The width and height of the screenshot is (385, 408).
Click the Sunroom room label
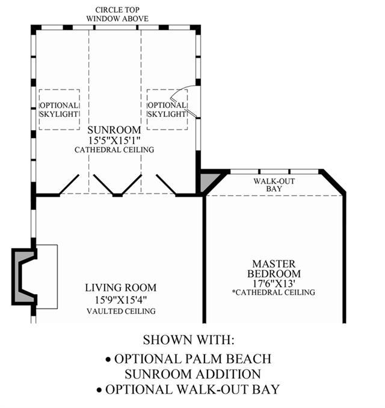[x=114, y=130]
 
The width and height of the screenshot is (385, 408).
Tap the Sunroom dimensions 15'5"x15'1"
[x=114, y=140]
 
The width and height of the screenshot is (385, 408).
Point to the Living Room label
[x=121, y=288]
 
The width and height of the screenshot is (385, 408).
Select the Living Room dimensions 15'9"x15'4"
[x=121, y=300]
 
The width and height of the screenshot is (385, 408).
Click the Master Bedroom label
[x=274, y=269]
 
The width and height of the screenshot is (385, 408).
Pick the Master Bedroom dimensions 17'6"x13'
[x=274, y=283]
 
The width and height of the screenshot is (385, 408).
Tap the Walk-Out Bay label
[x=274, y=185]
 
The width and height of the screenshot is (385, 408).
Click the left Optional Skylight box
[x=59, y=110]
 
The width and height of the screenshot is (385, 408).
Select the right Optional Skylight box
[x=167, y=110]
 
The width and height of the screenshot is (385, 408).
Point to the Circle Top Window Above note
[x=117, y=14]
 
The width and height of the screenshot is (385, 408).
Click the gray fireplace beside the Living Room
[x=24, y=277]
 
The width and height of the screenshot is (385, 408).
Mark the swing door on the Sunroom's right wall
[x=185, y=101]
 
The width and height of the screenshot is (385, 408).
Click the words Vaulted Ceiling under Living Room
[x=121, y=311]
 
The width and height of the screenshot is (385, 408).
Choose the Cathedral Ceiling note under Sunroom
[x=114, y=150]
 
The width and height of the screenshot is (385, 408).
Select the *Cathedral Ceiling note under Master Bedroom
[x=274, y=292]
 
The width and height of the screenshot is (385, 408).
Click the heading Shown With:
[x=189, y=340]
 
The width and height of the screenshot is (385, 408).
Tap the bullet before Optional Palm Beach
[x=108, y=360]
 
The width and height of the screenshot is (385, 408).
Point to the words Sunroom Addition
[x=192, y=374]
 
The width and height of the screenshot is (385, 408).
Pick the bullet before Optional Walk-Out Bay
[x=99, y=390]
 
